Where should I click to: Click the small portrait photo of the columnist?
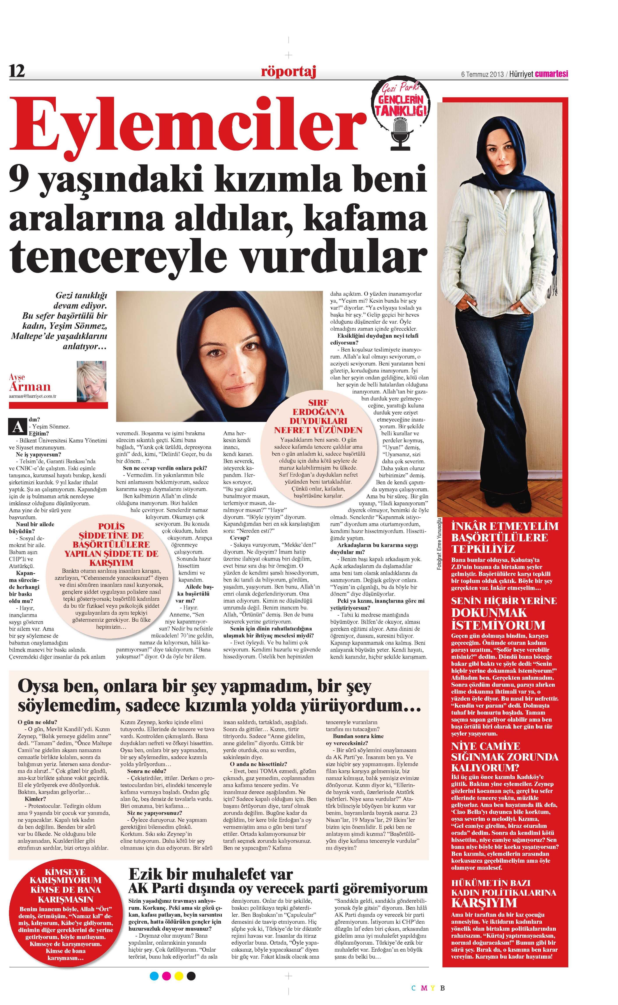pos(92,381)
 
